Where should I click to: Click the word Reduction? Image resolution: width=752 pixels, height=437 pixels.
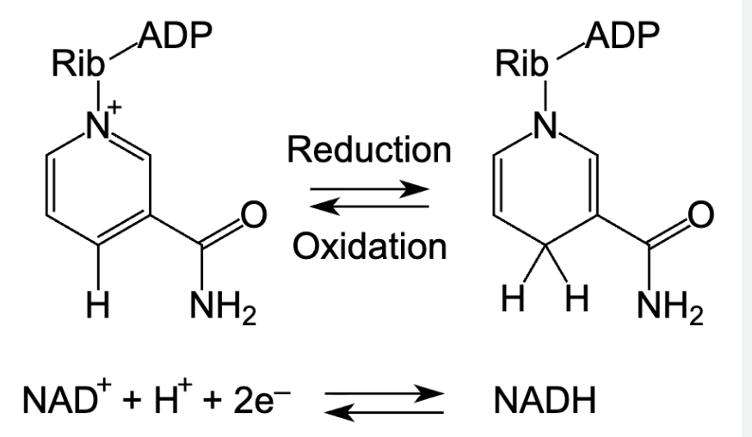click(x=370, y=150)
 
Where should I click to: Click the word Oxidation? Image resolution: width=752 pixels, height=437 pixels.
click(x=370, y=247)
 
